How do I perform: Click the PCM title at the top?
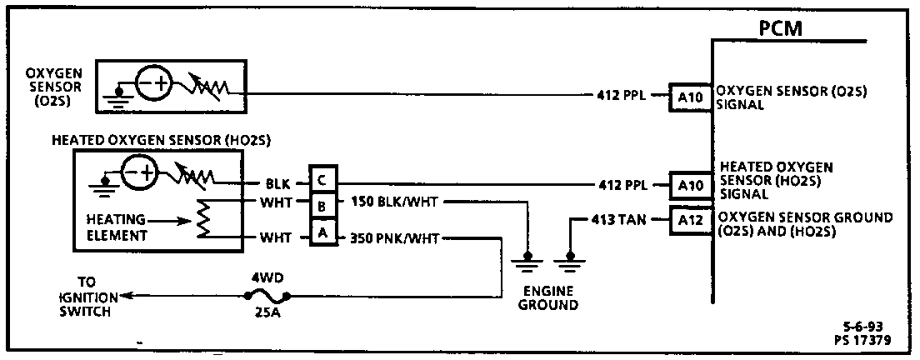click(781, 28)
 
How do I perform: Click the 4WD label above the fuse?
click(266, 273)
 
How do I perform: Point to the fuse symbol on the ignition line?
click(266, 295)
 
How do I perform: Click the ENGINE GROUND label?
click(548, 297)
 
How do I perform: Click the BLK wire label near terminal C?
click(278, 183)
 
